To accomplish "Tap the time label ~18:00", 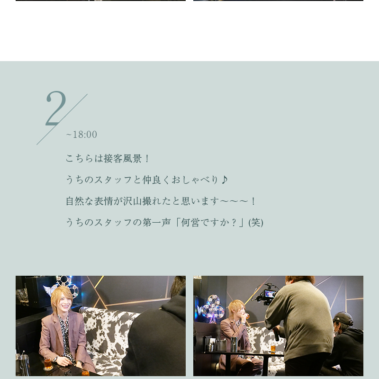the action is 81,135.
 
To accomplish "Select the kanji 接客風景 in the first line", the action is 123,159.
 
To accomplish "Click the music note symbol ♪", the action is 225,180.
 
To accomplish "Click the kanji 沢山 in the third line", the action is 132,201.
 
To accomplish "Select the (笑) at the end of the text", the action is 256,222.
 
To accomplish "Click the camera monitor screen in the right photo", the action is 270,294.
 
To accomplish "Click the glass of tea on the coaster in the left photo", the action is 48,363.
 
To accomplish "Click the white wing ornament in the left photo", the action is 48,290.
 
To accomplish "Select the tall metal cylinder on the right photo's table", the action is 234,344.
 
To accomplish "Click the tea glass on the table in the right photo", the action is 273,348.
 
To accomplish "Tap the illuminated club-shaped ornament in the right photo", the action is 213,309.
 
